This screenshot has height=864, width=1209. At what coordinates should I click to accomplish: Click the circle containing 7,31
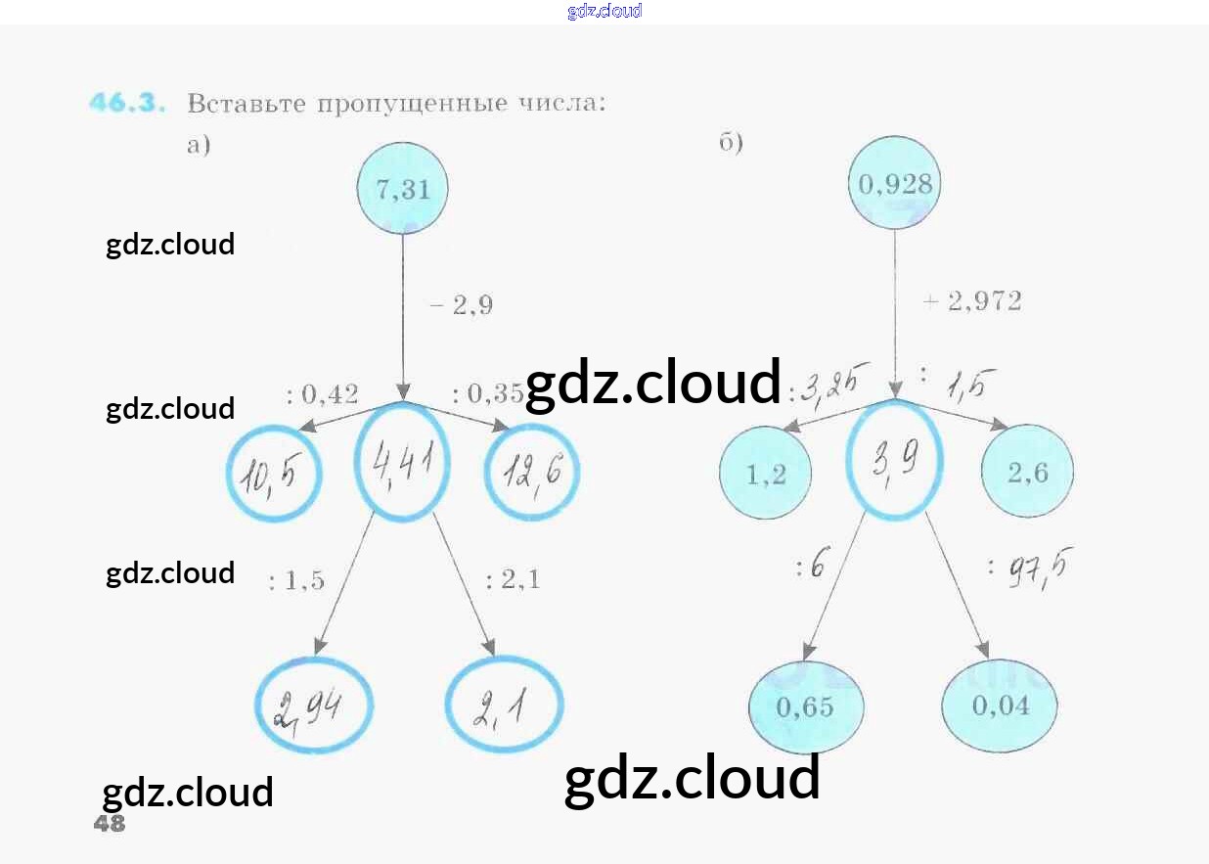click(403, 189)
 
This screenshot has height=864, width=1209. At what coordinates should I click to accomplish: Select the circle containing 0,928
click(895, 184)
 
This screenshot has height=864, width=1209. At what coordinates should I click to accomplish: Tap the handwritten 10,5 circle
click(274, 476)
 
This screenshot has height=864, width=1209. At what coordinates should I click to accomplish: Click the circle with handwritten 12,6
click(532, 474)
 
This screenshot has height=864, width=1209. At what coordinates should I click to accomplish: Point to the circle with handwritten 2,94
click(314, 706)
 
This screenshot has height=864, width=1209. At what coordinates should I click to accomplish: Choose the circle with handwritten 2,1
click(504, 705)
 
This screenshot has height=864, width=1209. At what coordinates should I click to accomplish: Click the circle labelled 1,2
click(766, 474)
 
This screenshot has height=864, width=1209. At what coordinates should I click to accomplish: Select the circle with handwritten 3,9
click(894, 460)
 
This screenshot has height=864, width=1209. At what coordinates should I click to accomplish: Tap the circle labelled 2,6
click(1027, 473)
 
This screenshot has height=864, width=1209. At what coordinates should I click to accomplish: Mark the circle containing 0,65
click(806, 706)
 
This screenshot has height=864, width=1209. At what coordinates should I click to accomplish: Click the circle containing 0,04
click(1000, 705)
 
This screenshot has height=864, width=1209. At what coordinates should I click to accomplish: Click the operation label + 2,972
click(972, 301)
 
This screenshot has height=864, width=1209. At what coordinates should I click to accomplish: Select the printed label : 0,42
click(323, 395)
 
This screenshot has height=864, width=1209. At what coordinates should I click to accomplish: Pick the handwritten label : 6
click(812, 567)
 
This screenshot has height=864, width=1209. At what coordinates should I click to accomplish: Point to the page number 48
click(110, 824)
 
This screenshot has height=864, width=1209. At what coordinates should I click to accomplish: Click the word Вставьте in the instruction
click(246, 103)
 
